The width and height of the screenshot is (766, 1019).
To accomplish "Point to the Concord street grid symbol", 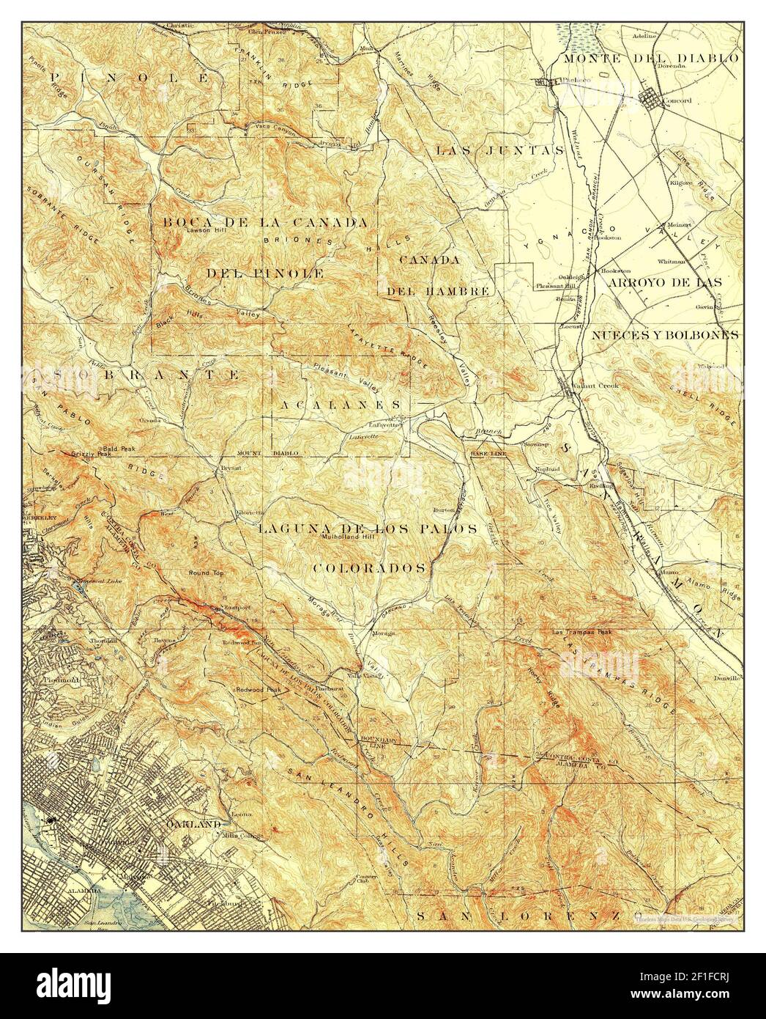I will [653, 97].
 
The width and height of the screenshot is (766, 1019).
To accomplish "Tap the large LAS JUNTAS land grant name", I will [500, 150].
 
